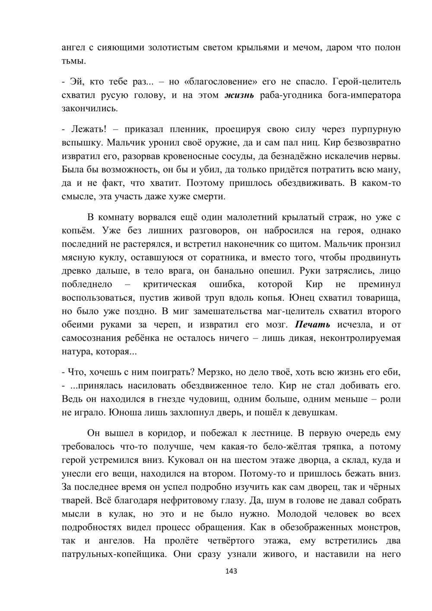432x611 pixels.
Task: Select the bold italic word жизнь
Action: (x=239, y=95)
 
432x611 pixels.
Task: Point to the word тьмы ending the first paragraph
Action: (x=74, y=61)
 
